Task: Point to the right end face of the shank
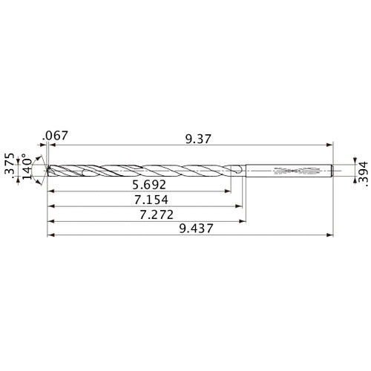(331, 170)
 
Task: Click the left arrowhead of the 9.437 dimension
(49, 236)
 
